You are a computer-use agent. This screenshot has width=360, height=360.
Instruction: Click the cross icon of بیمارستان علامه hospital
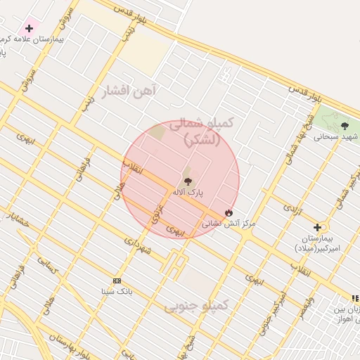(29, 29)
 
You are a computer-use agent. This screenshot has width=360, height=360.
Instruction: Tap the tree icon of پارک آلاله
(187, 181)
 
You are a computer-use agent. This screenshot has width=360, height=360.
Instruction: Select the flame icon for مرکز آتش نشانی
(229, 212)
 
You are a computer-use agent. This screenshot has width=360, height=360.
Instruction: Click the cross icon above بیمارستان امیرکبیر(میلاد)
(318, 227)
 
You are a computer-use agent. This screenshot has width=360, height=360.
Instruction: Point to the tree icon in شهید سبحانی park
(343, 126)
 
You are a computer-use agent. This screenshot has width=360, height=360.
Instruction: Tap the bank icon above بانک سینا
(117, 281)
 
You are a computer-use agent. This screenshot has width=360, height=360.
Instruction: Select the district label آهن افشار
(131, 91)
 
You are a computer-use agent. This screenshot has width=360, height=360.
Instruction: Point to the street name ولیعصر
(305, 305)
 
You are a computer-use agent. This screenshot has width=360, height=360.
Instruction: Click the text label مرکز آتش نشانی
(229, 224)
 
